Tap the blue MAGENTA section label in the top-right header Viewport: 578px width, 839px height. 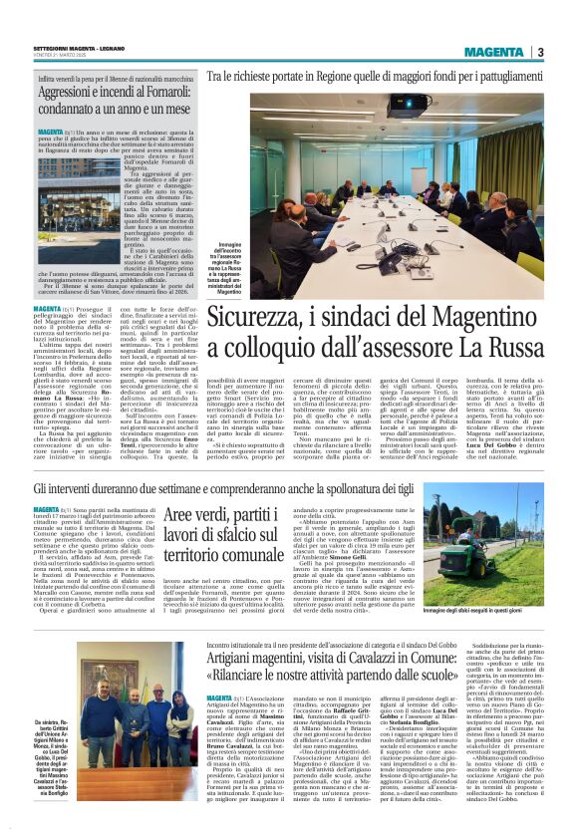(494, 52)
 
